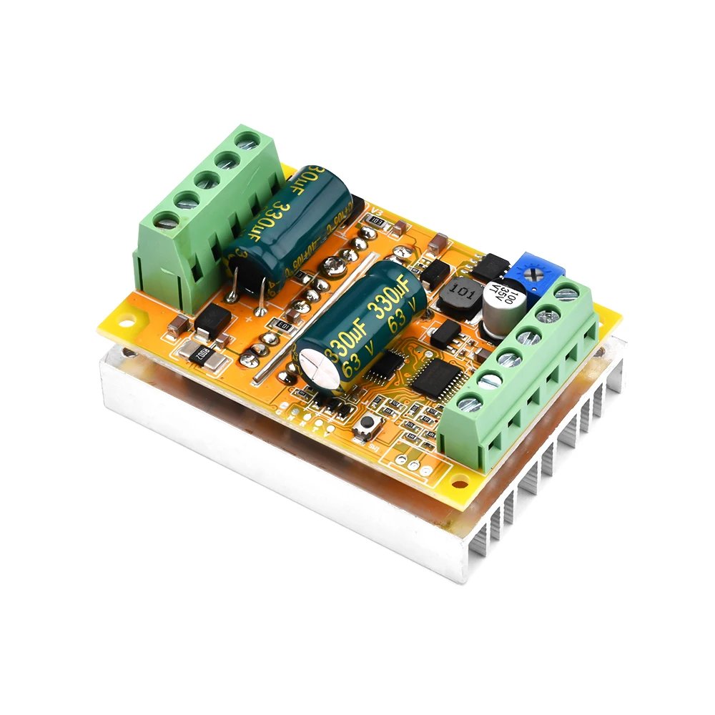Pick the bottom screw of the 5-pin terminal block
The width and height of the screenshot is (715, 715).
(166, 222)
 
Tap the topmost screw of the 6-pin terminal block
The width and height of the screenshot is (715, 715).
(566, 291)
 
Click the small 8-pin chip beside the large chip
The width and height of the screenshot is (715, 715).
(387, 364)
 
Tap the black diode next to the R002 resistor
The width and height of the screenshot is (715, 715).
(212, 320)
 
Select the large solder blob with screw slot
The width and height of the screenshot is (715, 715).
(334, 266)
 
